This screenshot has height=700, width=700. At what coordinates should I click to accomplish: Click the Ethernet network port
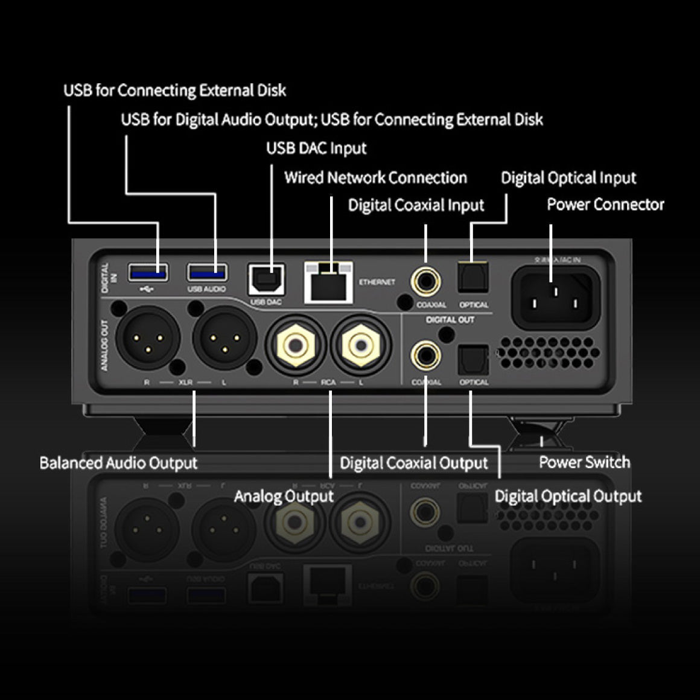point(328,282)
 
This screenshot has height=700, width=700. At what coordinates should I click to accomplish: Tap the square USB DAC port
point(266,279)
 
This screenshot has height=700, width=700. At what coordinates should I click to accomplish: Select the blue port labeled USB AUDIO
point(208,273)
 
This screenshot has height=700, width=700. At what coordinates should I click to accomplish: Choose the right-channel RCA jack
point(296,346)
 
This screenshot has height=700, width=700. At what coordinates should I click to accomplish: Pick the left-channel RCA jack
point(360,346)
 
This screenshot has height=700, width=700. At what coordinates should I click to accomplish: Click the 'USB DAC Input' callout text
point(316,148)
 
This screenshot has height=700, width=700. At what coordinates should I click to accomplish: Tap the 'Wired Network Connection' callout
point(375,177)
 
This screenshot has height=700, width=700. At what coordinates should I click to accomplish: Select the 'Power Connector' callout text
point(605,205)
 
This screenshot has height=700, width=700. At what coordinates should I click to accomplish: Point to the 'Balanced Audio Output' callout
point(118,463)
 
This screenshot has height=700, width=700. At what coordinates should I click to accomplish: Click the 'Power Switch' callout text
point(584,463)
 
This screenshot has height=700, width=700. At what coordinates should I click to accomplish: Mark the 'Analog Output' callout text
point(284,497)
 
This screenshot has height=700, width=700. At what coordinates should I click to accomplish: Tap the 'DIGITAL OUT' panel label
point(450,320)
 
